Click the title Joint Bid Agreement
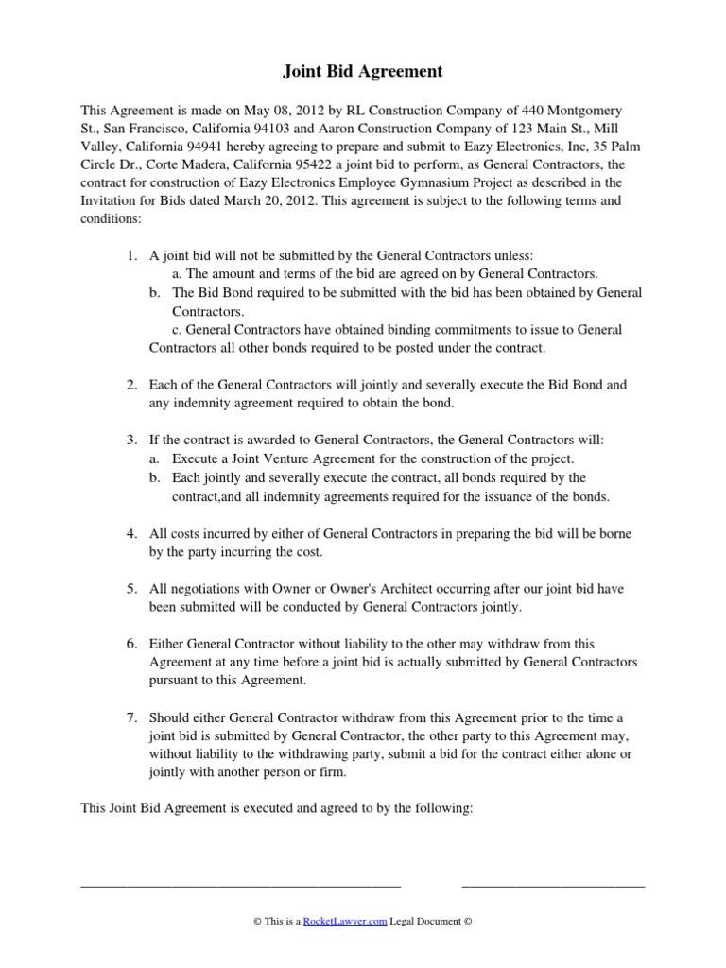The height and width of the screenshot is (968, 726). coord(363,71)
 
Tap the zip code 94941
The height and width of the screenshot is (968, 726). coord(207,147)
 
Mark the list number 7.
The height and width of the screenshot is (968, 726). coord(130,718)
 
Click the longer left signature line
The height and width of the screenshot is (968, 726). coord(241,886)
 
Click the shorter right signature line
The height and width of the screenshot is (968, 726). coord(553,886)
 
